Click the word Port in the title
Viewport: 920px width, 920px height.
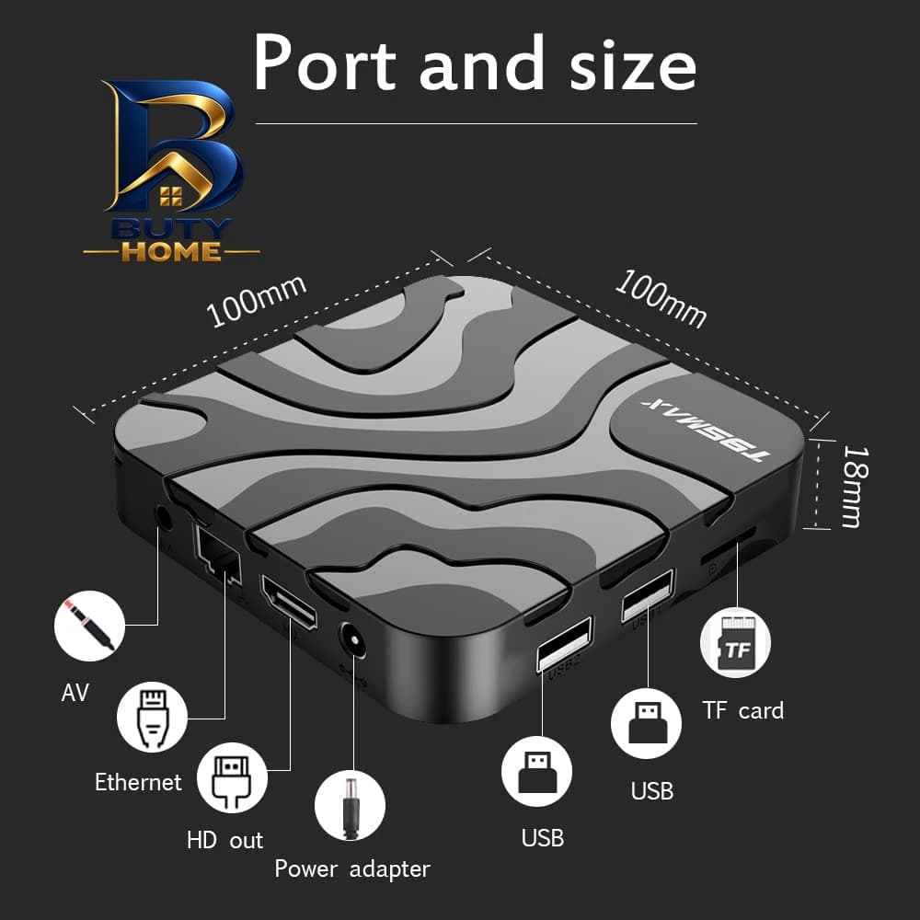click(325, 64)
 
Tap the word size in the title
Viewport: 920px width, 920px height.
click(633, 64)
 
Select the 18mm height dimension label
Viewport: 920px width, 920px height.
click(855, 487)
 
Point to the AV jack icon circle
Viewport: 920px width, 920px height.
click(89, 626)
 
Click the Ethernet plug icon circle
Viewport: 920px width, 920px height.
click(152, 717)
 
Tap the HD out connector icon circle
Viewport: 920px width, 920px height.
click(232, 777)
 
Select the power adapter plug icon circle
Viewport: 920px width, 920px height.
click(350, 806)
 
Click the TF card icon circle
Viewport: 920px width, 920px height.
click(735, 642)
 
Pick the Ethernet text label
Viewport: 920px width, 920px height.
click(139, 782)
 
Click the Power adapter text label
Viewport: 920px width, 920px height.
click(352, 869)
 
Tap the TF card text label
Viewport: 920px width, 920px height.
click(742, 710)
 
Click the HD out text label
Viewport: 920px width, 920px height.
click(224, 840)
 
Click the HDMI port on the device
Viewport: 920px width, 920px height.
click(289, 602)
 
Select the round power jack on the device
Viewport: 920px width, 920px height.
click(352, 640)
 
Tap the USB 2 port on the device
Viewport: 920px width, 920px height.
click(564, 644)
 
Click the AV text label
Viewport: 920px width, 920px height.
click(75, 693)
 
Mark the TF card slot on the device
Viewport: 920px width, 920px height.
click(729, 546)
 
